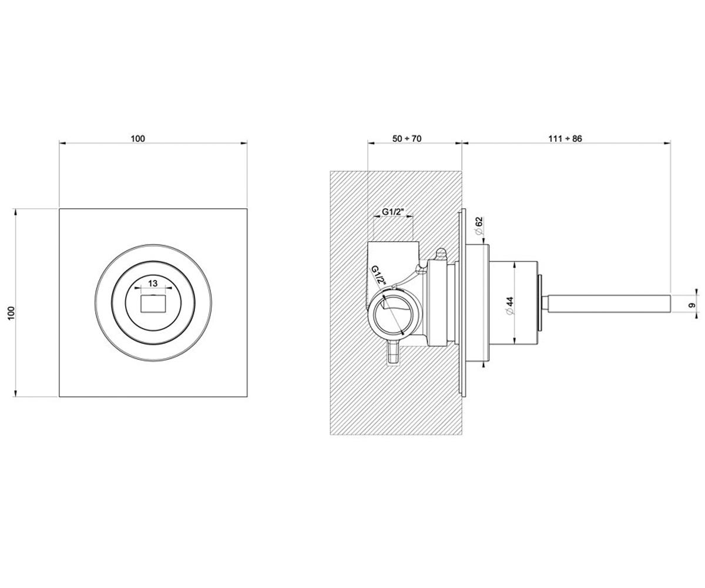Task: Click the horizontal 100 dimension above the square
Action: coord(137,139)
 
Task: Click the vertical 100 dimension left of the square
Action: coord(11,313)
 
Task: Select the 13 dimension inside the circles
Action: coord(153,283)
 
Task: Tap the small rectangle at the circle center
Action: coord(153,303)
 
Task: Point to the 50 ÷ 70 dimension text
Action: coord(407,139)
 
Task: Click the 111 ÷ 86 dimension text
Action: coord(565,139)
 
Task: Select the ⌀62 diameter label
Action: coord(479,226)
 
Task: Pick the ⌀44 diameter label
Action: coord(510,306)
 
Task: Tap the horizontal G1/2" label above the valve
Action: coord(393,212)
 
